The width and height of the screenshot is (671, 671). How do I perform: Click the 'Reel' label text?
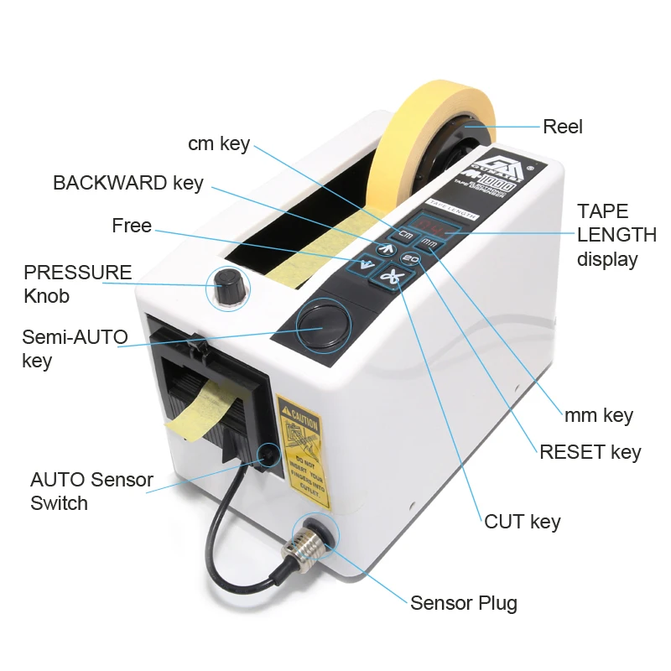(x=562, y=127)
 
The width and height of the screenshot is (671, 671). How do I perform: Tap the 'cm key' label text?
(x=219, y=143)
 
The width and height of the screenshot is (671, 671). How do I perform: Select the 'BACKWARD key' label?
(x=127, y=183)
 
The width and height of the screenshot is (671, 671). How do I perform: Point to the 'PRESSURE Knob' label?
(x=77, y=283)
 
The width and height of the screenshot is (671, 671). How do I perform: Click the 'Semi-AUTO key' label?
(x=74, y=349)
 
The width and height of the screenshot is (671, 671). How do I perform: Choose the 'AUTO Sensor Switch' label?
(x=91, y=492)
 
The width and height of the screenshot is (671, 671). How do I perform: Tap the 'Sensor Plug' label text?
(x=463, y=602)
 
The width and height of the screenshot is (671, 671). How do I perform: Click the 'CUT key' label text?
(x=522, y=522)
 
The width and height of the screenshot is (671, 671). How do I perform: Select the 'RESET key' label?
(x=590, y=452)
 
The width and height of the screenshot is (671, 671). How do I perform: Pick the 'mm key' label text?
(x=598, y=414)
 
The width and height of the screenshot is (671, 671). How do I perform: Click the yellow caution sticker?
(x=304, y=450)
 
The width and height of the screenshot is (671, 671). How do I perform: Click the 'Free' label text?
(x=132, y=226)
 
